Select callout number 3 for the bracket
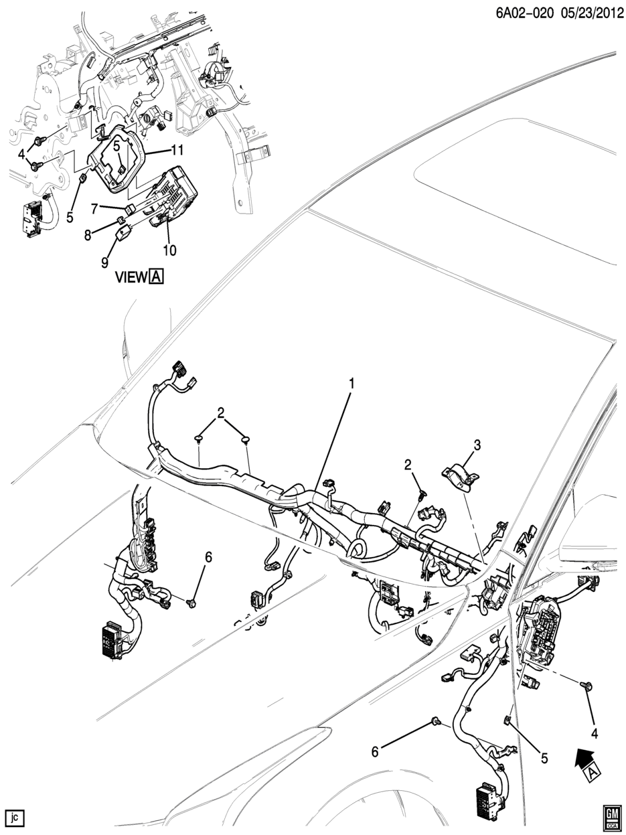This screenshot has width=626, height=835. [477, 445]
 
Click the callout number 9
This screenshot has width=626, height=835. [104, 263]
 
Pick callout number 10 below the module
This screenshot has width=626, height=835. [169, 250]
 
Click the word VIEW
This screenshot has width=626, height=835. [131, 277]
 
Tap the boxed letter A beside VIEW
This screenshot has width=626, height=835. [157, 277]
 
